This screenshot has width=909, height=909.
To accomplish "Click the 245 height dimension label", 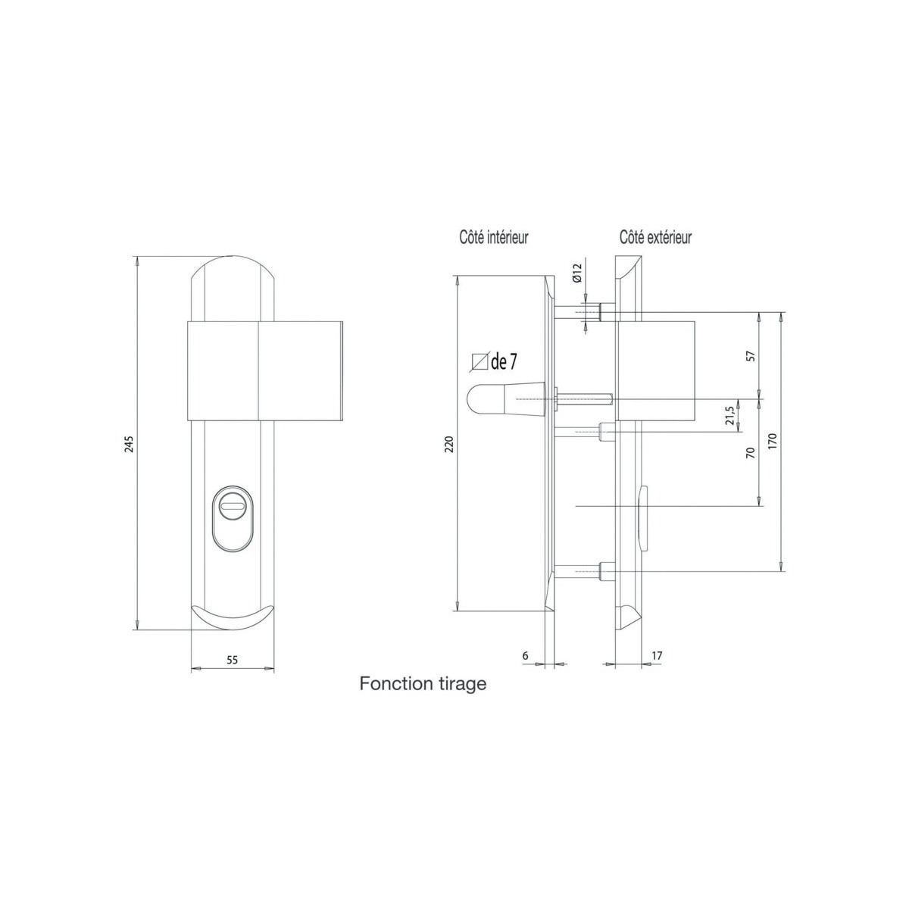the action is [130, 443].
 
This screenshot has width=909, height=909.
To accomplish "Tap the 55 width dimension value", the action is [232, 660].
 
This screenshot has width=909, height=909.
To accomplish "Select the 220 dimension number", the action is [448, 444].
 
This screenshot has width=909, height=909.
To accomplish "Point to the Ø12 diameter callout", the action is [577, 273].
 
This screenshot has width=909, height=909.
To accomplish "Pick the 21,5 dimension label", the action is [730, 416].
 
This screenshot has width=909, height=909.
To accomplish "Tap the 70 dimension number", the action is [751, 452].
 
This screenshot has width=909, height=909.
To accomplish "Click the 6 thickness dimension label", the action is [526, 656].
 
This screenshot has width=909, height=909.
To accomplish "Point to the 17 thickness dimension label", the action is [657, 656].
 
